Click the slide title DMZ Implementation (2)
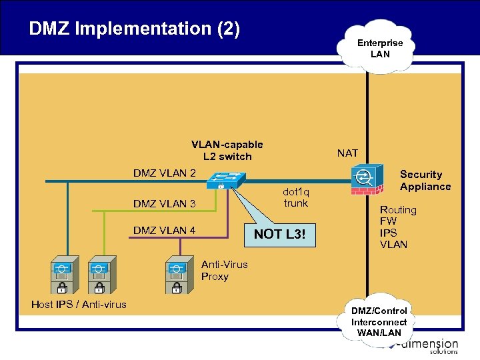coord(134,29)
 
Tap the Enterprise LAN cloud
coord(379,48)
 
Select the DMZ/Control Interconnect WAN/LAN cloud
coord(379,321)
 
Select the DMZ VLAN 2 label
coord(164,173)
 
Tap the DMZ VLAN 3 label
coord(164,203)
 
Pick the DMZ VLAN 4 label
coord(164,231)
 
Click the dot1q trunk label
coord(296,197)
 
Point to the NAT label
coord(347,153)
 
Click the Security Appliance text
coord(425,181)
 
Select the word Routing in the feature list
coord(398,210)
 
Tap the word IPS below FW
coord(388,233)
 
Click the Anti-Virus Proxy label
coord(224,270)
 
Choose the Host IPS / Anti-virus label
coord(79,305)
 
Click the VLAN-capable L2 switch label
coord(227,151)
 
